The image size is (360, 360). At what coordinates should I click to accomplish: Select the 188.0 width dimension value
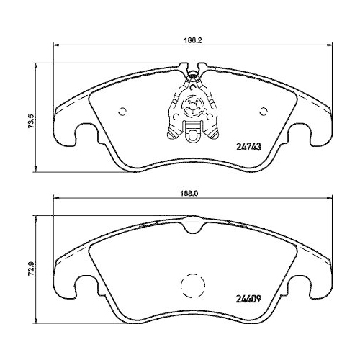188,194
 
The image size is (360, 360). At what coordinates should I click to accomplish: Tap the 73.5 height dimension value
30,118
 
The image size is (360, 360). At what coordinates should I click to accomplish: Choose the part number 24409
248,301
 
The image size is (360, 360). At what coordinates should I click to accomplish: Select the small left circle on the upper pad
122,111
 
